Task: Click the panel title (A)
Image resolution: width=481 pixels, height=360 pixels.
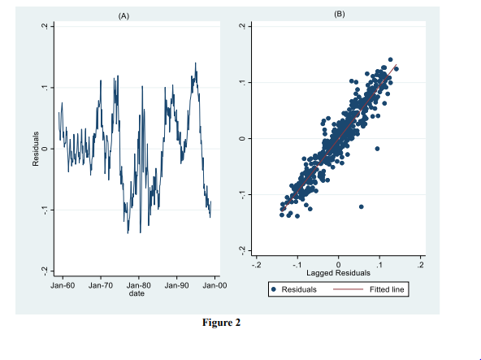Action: (123, 15)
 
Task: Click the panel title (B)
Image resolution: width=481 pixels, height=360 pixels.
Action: (339, 14)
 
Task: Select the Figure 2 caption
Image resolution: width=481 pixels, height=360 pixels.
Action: (221, 323)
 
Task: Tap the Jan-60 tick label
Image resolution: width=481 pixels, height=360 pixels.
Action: (63, 286)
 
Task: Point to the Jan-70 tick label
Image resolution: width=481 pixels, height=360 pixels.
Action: (101, 286)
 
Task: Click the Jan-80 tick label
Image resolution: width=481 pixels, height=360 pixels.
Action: (139, 286)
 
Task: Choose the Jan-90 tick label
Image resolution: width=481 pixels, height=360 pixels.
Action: (176, 286)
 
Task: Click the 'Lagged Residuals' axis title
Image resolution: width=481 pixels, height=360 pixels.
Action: (338, 272)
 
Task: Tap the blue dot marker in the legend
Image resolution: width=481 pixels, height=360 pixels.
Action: (274, 289)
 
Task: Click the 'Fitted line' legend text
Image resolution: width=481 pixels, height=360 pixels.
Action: (387, 289)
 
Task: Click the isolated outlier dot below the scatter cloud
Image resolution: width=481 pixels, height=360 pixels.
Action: (361, 206)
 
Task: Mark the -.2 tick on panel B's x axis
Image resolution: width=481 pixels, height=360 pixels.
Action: (256, 264)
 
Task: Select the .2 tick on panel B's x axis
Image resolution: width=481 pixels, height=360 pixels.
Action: (420, 264)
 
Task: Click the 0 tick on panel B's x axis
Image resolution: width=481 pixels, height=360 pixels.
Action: (338, 264)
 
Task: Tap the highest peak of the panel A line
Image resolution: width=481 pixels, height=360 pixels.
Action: (195, 63)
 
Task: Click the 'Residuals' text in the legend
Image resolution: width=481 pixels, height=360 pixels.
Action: (298, 289)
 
